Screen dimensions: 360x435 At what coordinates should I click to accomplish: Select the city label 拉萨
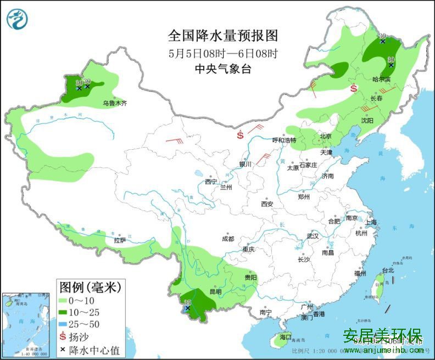point(120,240)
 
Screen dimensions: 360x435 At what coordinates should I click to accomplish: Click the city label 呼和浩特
point(285,140)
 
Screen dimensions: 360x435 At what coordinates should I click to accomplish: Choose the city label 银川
point(245,164)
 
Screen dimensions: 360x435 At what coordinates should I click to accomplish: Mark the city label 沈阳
point(367,120)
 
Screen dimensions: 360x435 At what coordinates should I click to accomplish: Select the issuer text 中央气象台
point(223,69)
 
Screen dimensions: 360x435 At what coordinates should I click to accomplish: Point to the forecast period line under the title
point(223,54)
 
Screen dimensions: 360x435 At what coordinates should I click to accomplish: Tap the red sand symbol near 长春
point(354,88)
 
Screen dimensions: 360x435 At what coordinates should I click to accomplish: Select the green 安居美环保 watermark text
point(382,335)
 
